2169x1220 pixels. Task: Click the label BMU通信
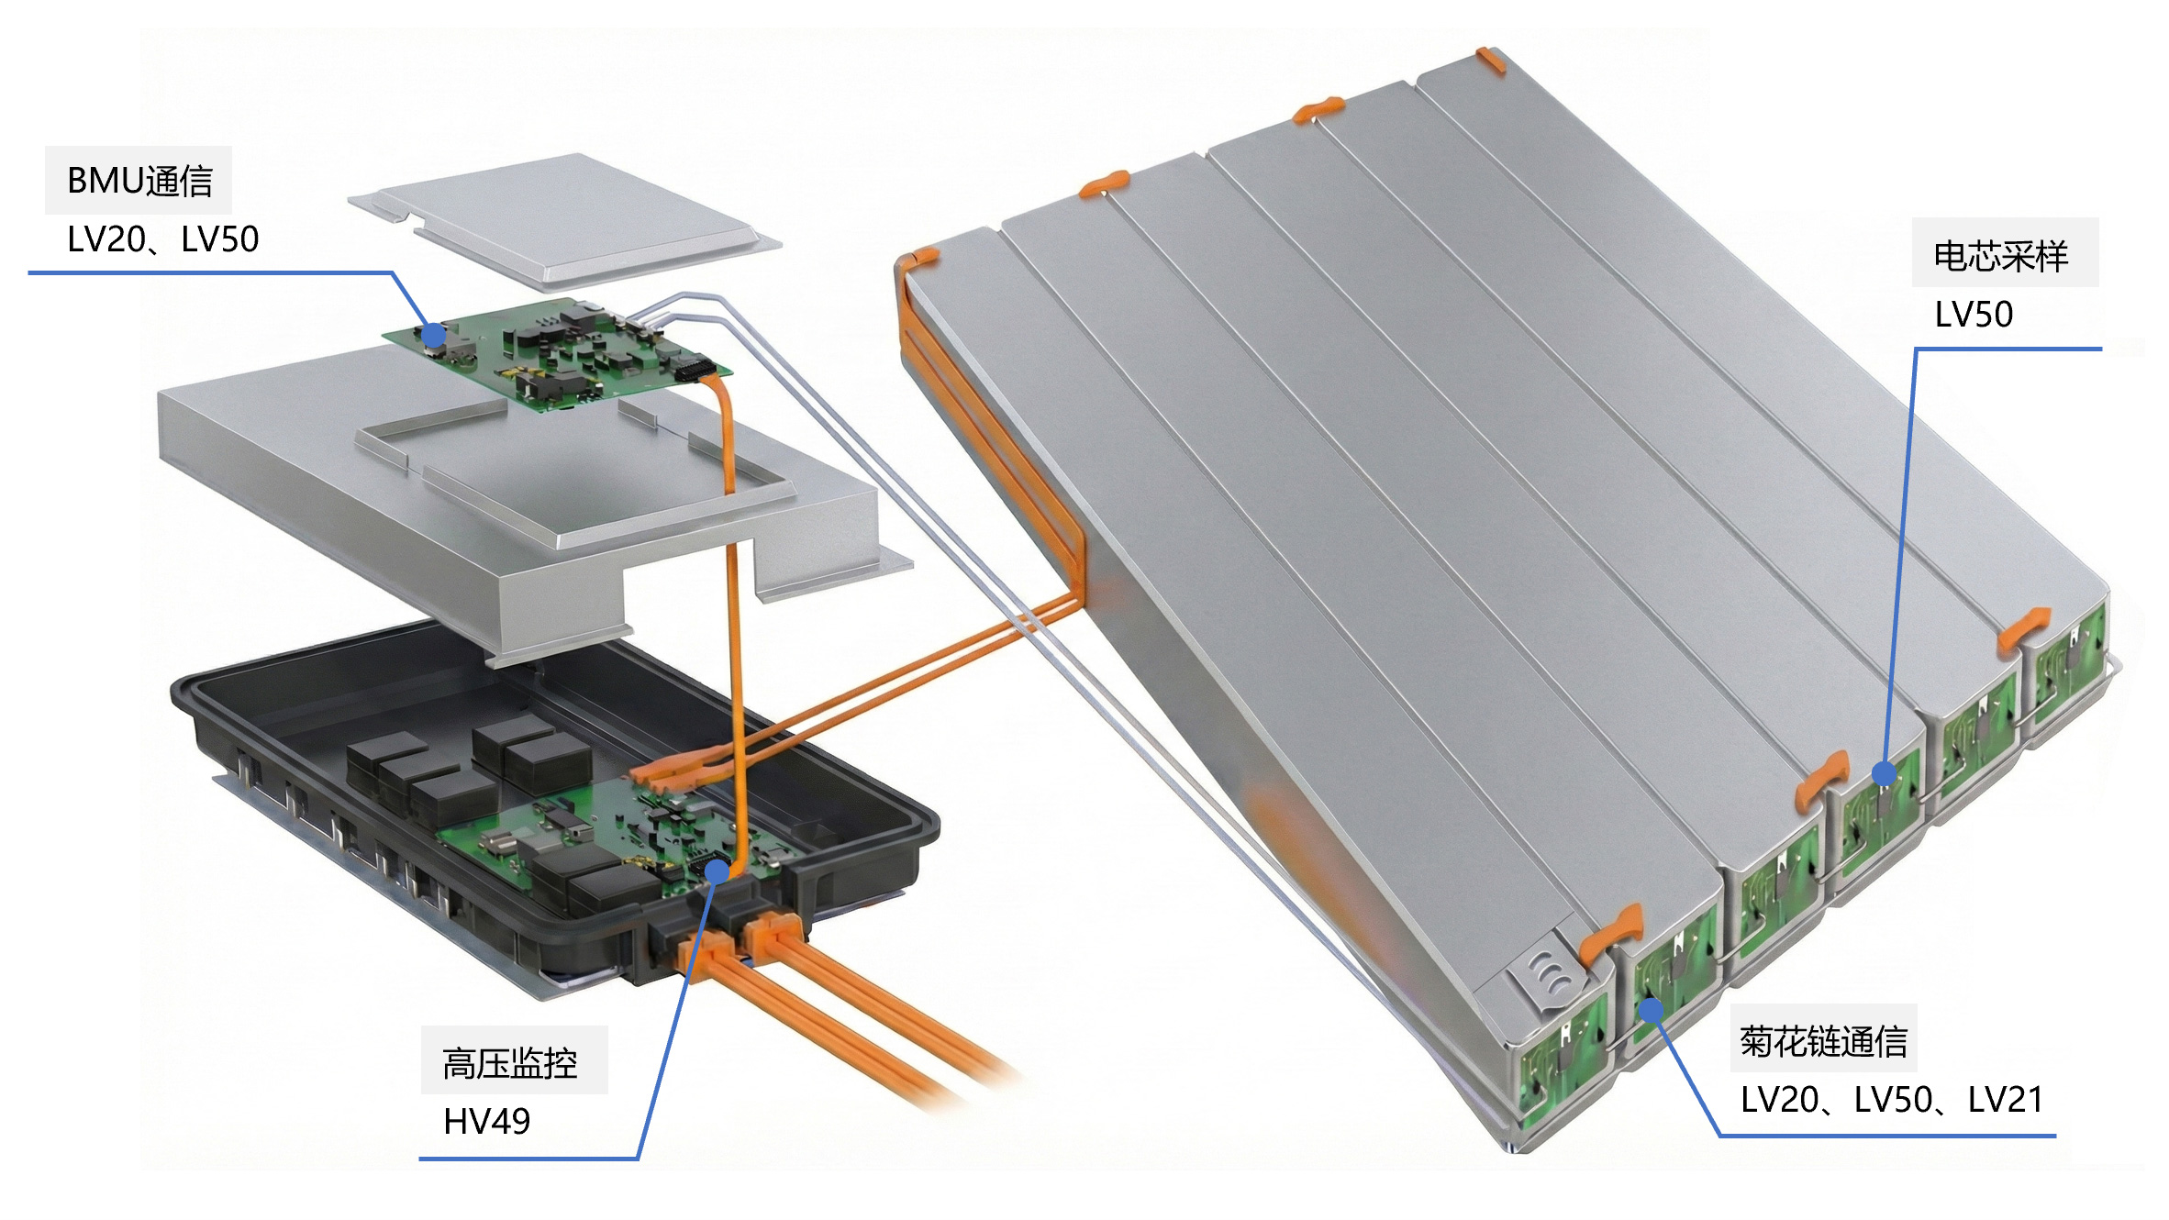pos(139,181)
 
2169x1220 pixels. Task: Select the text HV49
pos(486,1121)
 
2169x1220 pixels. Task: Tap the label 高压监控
pos(510,1063)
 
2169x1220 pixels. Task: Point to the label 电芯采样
pos(2001,256)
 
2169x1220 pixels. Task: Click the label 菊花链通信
pos(1824,1041)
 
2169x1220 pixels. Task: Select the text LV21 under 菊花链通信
pos(2006,1099)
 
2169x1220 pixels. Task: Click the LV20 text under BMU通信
pos(106,239)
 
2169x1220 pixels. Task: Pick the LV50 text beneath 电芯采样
pos(1974,315)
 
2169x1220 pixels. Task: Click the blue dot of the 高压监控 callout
pos(717,871)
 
